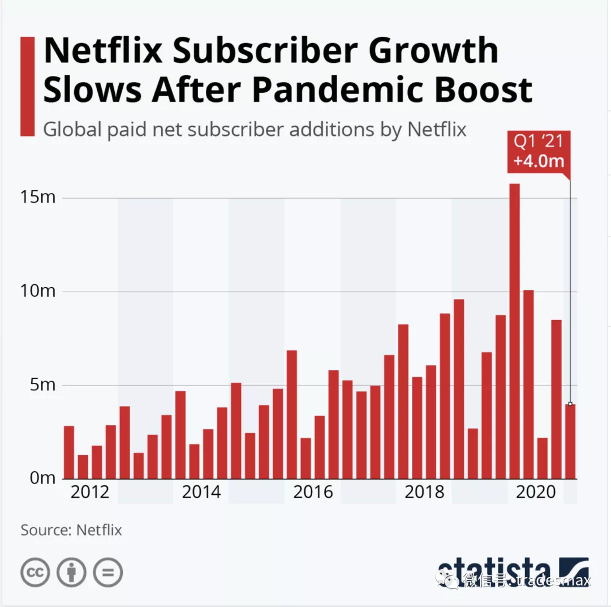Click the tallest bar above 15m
[514, 331]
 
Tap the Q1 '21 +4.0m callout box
[538, 151]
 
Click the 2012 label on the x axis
[90, 493]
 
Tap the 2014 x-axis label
[201, 493]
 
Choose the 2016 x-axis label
[313, 493]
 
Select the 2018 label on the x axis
[425, 493]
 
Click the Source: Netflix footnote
[71, 531]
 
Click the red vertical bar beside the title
[28, 86]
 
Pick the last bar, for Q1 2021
[570, 441]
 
